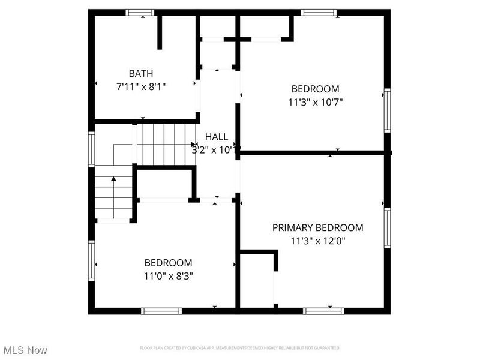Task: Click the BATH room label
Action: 140,73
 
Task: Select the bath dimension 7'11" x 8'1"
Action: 140,86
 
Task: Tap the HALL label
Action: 217,137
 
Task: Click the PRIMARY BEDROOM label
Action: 317,227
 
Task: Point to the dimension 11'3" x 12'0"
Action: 317,241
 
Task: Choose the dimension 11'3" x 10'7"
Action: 316,101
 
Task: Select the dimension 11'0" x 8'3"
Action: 168,276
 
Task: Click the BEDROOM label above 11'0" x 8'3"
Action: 168,263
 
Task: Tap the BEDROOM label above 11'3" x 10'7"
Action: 316,88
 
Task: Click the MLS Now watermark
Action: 25,350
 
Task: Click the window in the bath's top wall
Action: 140,12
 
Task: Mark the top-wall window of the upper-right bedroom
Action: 319,12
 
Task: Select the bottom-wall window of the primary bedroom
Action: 323,311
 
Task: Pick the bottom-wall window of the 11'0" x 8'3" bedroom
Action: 161,311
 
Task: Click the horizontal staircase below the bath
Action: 166,143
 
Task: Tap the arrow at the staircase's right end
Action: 194,144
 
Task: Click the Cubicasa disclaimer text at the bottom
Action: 240,348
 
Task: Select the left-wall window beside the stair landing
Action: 92,149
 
